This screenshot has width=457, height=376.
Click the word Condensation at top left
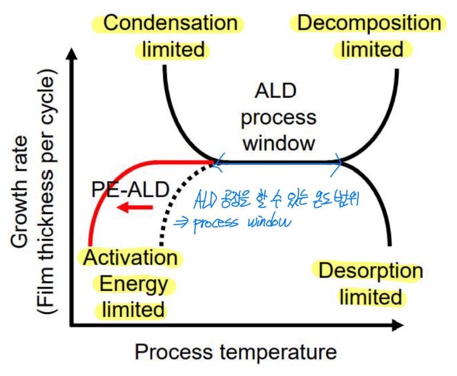point(170,23)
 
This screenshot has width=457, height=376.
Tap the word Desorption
point(370,271)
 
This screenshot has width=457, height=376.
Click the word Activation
point(130,258)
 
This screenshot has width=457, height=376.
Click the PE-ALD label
point(130,189)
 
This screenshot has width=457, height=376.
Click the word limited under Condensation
point(173,50)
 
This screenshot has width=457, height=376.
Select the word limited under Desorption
point(370,297)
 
